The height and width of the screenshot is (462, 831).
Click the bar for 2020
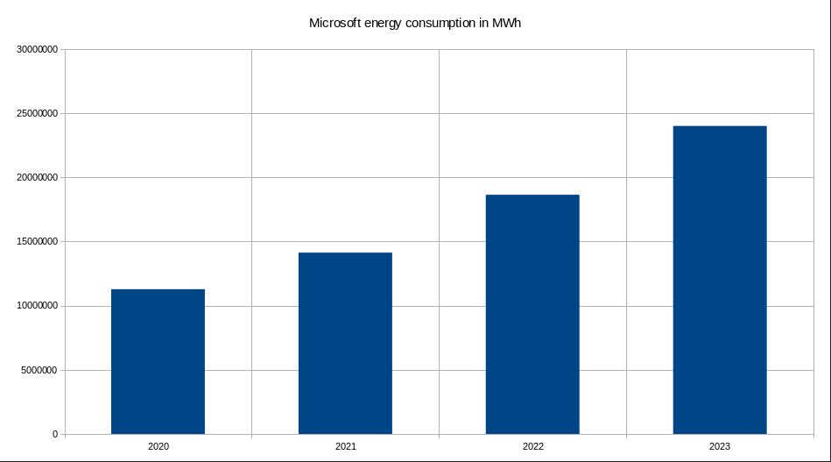(x=158, y=361)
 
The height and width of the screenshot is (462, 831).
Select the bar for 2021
(x=345, y=343)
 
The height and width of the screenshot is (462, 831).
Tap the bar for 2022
(x=532, y=314)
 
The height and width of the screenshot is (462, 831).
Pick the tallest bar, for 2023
(x=720, y=280)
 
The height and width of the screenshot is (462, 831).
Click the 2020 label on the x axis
(x=158, y=447)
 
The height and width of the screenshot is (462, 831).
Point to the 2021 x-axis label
(x=346, y=447)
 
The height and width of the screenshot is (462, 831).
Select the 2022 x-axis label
(x=532, y=447)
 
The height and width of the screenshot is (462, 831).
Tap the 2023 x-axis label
(x=720, y=447)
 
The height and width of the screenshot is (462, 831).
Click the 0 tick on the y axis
(x=54, y=434)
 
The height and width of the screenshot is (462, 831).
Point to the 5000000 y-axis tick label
(x=38, y=370)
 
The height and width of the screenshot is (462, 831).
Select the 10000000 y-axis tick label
(x=35, y=306)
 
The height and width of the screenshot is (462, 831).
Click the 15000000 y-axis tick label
(x=35, y=242)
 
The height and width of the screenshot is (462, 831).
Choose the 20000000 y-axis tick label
(x=35, y=178)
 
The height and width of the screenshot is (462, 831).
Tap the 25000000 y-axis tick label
(x=35, y=114)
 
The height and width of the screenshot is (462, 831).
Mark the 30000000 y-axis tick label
(x=35, y=50)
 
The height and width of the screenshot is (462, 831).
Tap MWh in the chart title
(x=508, y=23)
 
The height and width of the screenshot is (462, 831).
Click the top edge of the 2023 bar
(x=720, y=126)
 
